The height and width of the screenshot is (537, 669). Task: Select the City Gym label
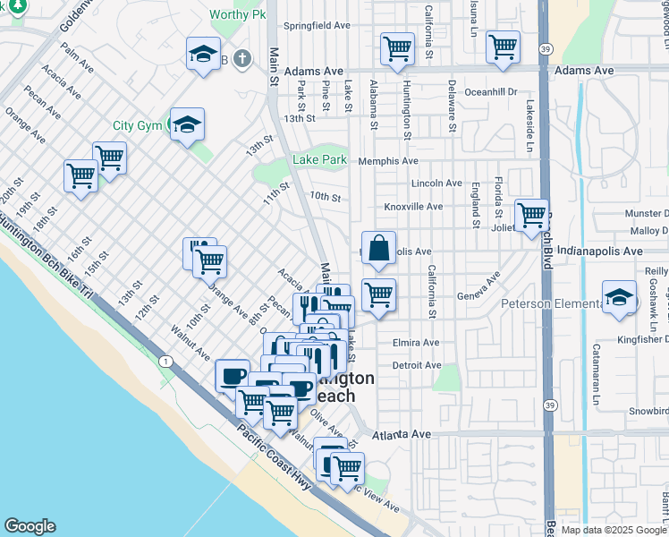click(x=137, y=126)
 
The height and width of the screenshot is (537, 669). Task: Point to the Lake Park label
click(x=320, y=160)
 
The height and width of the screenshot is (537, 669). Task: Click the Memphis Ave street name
click(x=388, y=161)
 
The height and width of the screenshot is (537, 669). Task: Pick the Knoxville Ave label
click(x=413, y=207)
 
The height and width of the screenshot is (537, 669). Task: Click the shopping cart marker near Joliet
click(x=531, y=215)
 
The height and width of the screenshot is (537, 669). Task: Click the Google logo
click(x=30, y=526)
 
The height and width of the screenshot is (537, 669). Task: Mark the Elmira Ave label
click(x=417, y=343)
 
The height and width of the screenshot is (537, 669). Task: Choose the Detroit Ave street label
click(x=417, y=365)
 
